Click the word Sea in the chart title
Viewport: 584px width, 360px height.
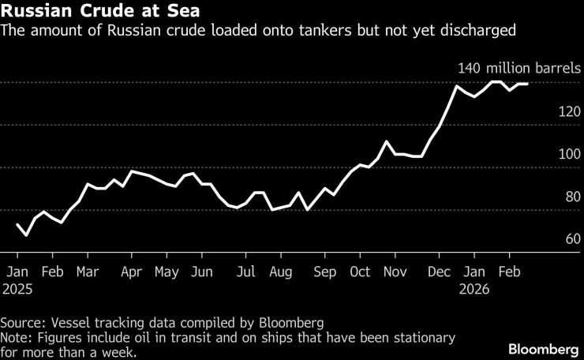172,12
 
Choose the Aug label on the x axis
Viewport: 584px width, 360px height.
280,272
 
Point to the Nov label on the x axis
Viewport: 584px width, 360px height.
395,272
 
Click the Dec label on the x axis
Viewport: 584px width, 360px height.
438,272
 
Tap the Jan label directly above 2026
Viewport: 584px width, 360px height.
474,272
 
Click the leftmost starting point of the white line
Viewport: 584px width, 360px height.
17,224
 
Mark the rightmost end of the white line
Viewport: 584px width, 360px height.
527,84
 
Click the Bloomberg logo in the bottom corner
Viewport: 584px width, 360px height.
544,349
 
